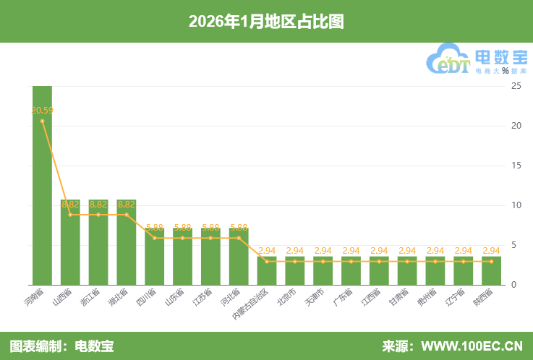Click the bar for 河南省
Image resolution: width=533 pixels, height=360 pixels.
[42, 185]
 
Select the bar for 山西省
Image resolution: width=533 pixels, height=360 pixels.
[70, 242]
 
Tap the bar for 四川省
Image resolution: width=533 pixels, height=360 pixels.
[155, 257]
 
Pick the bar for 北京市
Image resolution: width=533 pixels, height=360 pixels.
[294, 270]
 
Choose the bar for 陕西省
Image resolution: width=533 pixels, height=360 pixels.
[491, 270]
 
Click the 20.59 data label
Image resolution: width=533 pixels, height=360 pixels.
[42, 111]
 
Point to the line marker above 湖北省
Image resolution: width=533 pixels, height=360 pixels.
[127, 215]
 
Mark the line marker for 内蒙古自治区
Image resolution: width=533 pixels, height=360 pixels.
[267, 261]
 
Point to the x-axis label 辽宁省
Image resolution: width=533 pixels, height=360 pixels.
[456, 299]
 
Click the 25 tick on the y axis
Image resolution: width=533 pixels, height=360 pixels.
[516, 86]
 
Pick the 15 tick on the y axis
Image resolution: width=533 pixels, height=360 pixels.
[516, 166]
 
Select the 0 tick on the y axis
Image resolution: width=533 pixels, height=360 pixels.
[513, 285]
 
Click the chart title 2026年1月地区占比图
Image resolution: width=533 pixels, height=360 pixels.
[266, 22]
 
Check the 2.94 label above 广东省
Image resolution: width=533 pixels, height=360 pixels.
[351, 251]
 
